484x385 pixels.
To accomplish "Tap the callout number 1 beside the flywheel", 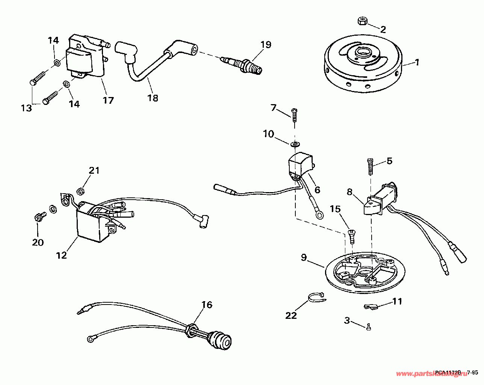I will coord(417,62).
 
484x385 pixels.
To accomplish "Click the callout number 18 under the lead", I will coord(153,98).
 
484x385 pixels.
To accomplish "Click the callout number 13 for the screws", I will coord(26,108).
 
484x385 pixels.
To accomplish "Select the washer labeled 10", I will coord(295,144).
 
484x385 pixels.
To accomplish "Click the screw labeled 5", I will coord(371,167).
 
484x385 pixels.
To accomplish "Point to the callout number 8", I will coord(349,192).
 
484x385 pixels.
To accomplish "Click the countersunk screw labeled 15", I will coord(352,236).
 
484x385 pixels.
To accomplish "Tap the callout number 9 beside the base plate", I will coord(304,258).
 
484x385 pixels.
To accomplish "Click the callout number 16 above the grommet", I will coord(207,305).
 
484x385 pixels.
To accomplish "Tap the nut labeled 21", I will coord(80,191).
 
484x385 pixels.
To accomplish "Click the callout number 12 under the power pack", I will coord(62,255).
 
